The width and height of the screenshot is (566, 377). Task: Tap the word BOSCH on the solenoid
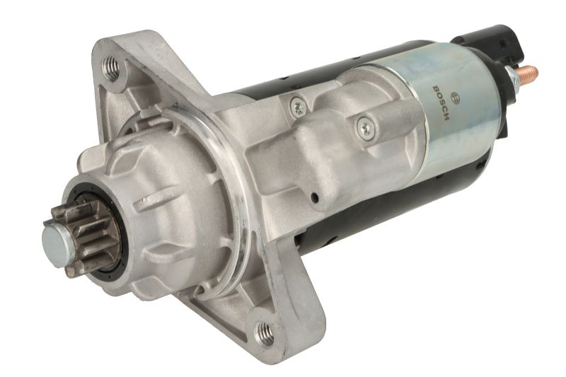[x=440, y=103]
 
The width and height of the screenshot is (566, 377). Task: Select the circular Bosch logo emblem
[x=455, y=98]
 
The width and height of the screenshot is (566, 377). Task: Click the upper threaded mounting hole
[x=111, y=69]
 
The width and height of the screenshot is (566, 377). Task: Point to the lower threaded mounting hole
[x=264, y=334]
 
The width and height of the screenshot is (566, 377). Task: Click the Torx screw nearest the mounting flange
[x=298, y=107]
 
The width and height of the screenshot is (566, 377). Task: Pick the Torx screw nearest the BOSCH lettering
[x=365, y=127]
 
